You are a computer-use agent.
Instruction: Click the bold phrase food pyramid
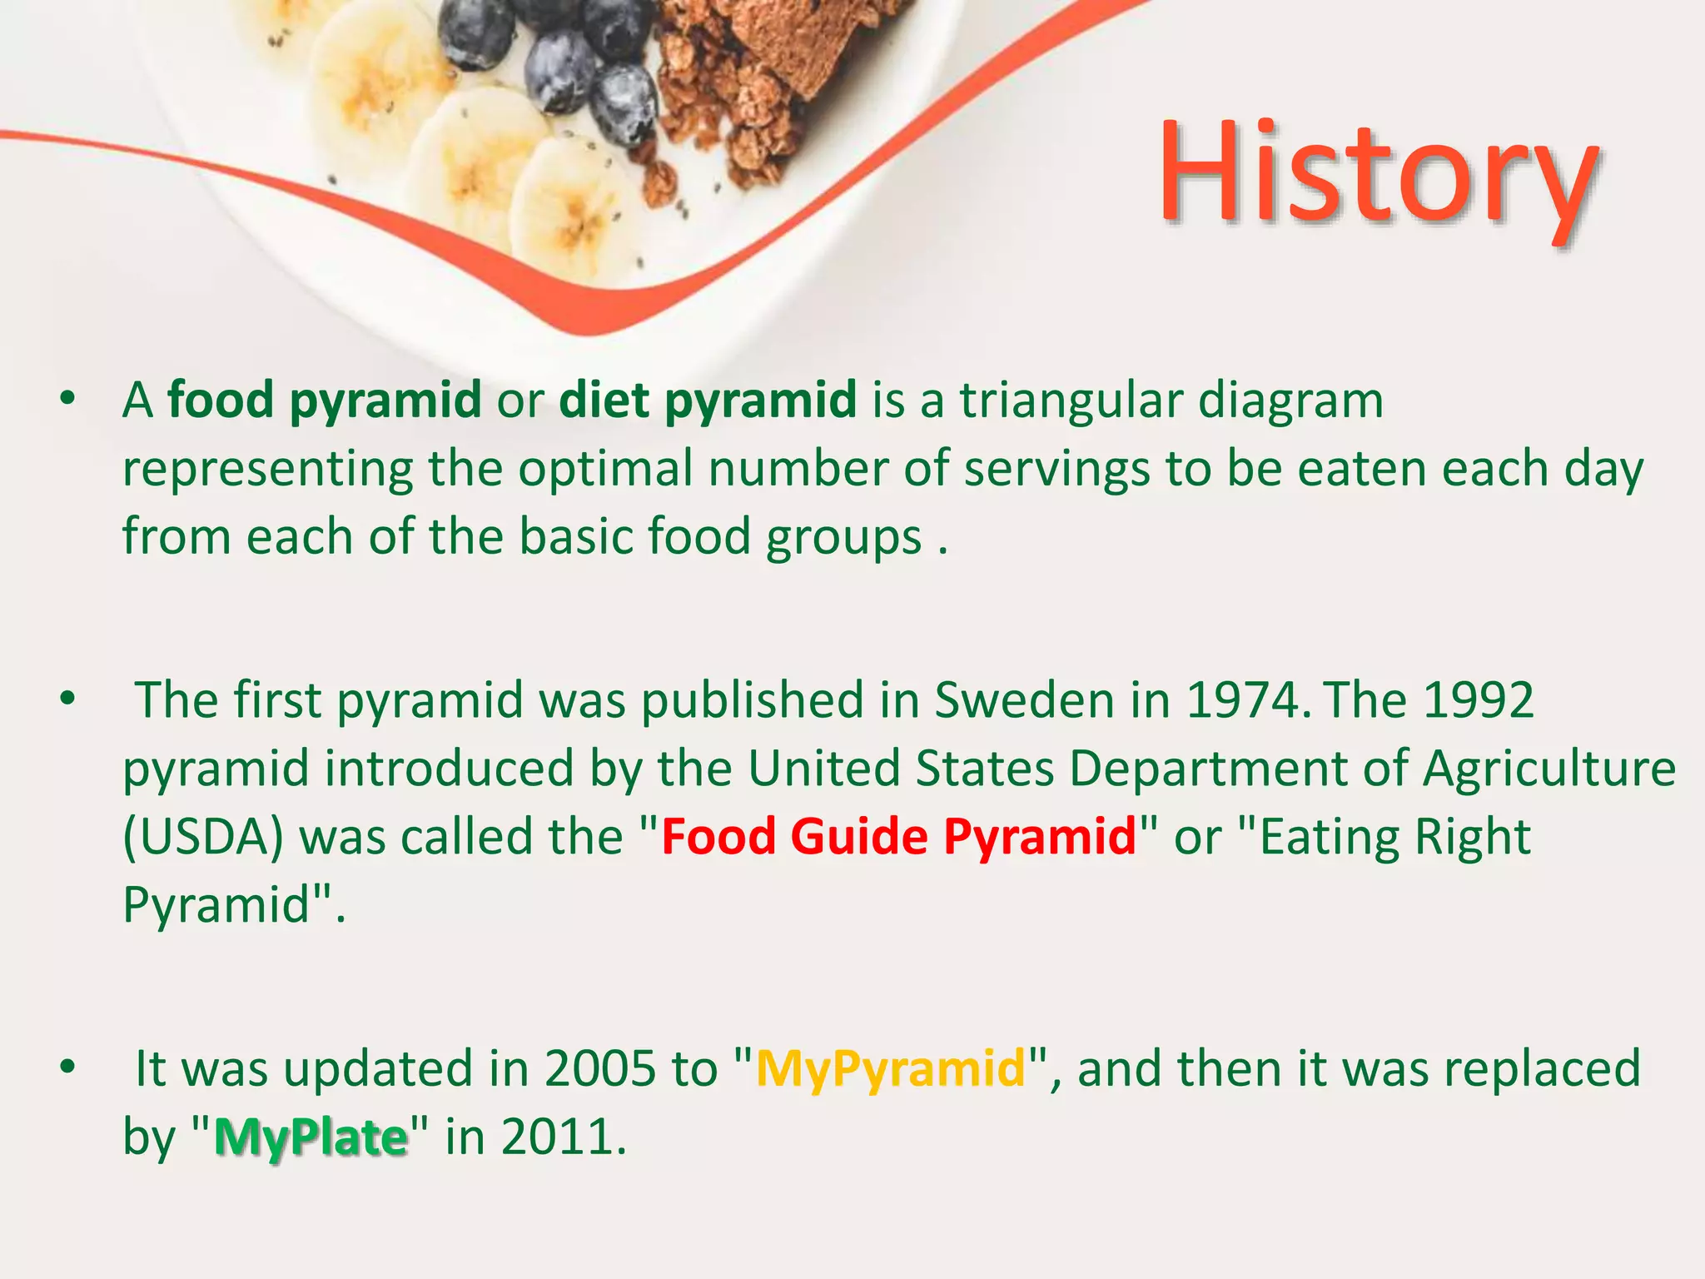325,401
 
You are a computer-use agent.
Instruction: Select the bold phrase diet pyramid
708,401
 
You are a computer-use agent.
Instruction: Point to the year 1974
1241,700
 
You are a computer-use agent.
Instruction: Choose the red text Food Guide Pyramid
899,837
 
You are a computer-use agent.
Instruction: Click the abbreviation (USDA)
203,837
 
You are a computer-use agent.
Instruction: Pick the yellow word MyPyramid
891,1069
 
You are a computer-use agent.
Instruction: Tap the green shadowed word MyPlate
311,1137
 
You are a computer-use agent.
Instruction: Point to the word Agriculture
1548,769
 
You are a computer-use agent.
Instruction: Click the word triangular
1071,401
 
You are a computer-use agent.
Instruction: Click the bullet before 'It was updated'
68,1067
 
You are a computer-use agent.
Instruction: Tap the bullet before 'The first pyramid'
68,699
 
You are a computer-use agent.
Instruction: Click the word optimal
606,469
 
